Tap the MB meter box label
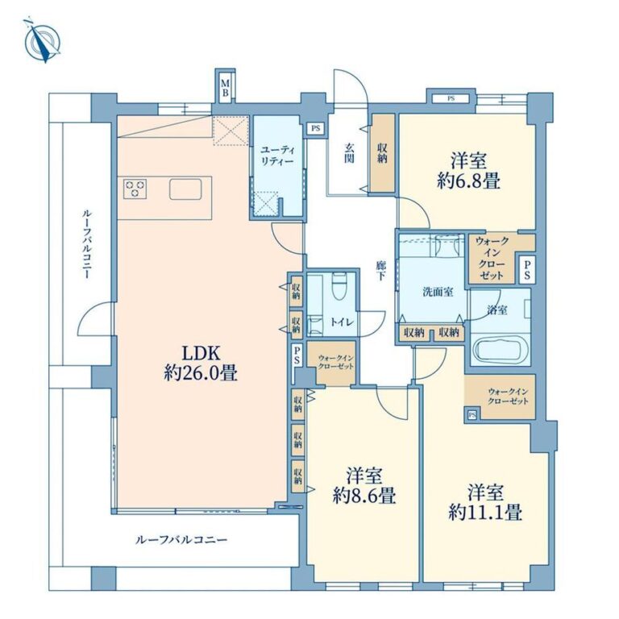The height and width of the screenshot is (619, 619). (x=225, y=88)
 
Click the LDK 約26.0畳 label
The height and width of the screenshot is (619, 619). (x=201, y=363)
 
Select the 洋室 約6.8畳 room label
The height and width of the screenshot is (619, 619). (x=468, y=171)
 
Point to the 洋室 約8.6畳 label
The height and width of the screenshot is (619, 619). (x=364, y=485)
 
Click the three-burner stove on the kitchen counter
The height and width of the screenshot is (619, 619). (x=135, y=189)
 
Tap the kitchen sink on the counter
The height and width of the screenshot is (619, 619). (x=185, y=189)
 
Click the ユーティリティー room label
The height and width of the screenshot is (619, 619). (x=276, y=156)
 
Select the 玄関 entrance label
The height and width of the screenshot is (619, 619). (x=348, y=153)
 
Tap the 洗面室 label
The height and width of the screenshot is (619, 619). (x=438, y=292)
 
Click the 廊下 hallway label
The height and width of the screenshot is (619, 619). (x=380, y=271)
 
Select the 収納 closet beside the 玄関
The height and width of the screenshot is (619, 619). (x=382, y=153)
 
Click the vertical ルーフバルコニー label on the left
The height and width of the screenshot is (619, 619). (x=87, y=244)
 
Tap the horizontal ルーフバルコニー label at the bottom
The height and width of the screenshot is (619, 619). (x=181, y=539)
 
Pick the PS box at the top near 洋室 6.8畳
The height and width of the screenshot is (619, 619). (x=451, y=98)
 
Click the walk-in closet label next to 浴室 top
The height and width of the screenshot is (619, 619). (x=492, y=258)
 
